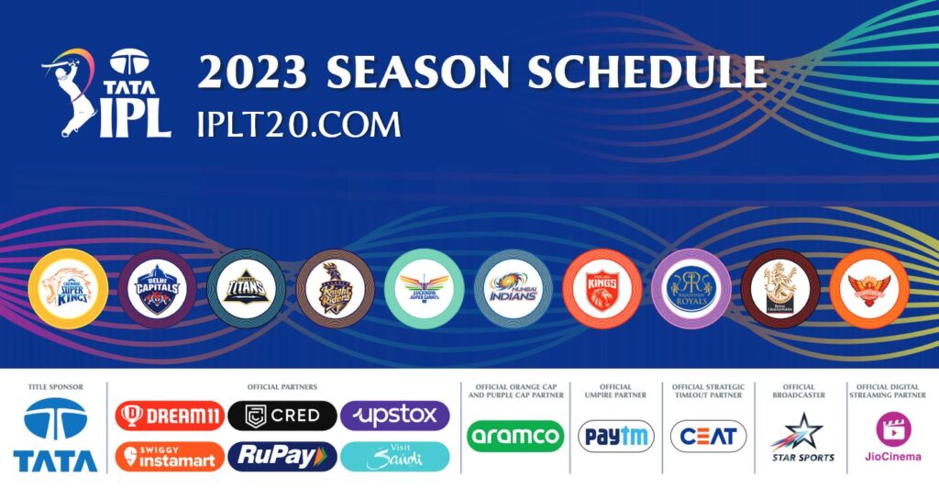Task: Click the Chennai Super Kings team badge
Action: coord(69,289)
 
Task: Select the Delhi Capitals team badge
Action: coord(156,289)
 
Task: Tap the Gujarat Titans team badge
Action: coord(246,289)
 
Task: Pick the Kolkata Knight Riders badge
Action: coord(335,289)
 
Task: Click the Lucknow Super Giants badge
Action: coord(424,289)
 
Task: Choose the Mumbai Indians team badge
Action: coord(514,289)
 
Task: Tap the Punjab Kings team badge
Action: coord(602,289)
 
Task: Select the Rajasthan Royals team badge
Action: coord(690,289)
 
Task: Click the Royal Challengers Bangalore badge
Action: coord(779,289)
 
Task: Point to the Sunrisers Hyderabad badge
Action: coord(868,289)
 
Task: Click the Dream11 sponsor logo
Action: coord(170,416)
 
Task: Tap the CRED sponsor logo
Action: coord(282,416)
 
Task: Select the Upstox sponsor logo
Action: coord(394,416)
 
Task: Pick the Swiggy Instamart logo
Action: coord(170,456)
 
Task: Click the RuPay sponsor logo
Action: coord(282,456)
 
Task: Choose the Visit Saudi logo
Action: coord(394,456)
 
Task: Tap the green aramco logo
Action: coord(514,436)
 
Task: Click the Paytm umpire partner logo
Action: coord(615,436)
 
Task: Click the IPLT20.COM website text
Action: coord(299,124)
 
